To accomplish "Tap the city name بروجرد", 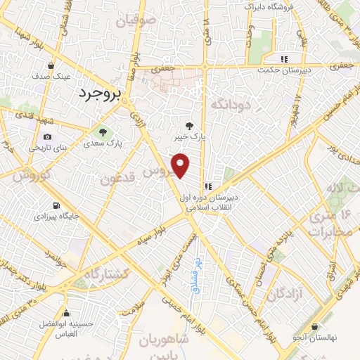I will [98, 92].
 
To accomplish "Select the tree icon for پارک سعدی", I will [103, 131].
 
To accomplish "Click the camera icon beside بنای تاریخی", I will [47, 136].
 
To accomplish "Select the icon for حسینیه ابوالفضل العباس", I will [67, 314].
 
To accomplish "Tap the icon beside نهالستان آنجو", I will [314, 327].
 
